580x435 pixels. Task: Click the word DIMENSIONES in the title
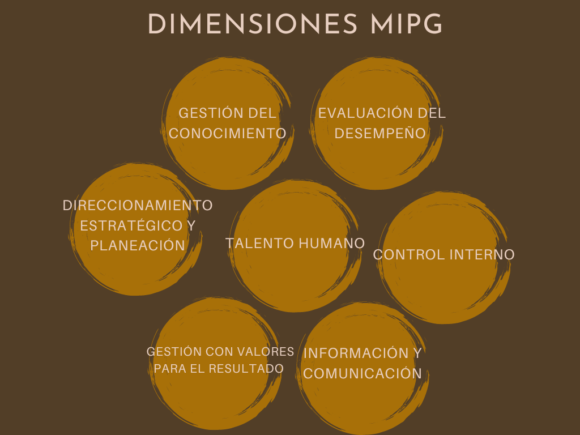pyautogui.click(x=253, y=24)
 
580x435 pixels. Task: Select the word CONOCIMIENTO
pyautogui.click(x=228, y=134)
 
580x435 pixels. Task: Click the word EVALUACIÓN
pyautogui.click(x=365, y=113)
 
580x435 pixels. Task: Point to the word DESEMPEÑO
pyautogui.click(x=380, y=133)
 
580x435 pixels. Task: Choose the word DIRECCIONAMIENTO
pyautogui.click(x=138, y=205)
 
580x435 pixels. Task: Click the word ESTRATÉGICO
pyautogui.click(x=131, y=225)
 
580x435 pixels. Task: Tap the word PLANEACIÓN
pyautogui.click(x=138, y=246)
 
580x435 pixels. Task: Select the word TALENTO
pyautogui.click(x=259, y=244)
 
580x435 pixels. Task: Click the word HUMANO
pyautogui.click(x=332, y=244)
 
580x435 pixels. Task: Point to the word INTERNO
pyautogui.click(x=482, y=255)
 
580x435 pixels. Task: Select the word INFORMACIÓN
pyautogui.click(x=356, y=353)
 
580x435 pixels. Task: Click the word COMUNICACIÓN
pyautogui.click(x=362, y=374)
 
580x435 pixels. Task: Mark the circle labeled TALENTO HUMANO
pyautogui.click(x=295, y=246)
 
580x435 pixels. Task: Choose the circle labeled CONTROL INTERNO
pyautogui.click(x=444, y=258)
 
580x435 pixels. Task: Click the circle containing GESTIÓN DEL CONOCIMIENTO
pyautogui.click(x=228, y=123)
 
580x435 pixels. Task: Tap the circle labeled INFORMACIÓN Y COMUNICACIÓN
pyautogui.click(x=362, y=368)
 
